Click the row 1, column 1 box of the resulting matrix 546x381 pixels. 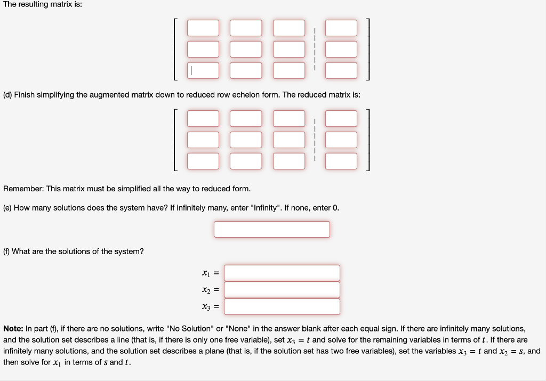tap(203, 28)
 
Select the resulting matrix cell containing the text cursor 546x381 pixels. tap(203, 70)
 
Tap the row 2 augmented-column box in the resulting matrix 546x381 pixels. tap(341, 49)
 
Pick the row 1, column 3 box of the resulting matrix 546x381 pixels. tap(289, 28)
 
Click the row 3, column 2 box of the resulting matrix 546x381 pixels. tap(246, 70)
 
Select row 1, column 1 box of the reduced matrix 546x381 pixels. tap(203, 118)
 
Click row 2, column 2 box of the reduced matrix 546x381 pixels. tap(246, 140)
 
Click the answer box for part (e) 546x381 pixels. tap(272, 229)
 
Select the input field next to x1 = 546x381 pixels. tap(282, 273)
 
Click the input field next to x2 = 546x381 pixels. tap(282, 290)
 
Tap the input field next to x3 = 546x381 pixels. tap(282, 306)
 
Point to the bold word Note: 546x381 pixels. tap(14, 329)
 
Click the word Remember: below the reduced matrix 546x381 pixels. tap(23, 189)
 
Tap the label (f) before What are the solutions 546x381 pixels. tap(7, 251)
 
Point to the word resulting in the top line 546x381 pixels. tap(35, 5)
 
